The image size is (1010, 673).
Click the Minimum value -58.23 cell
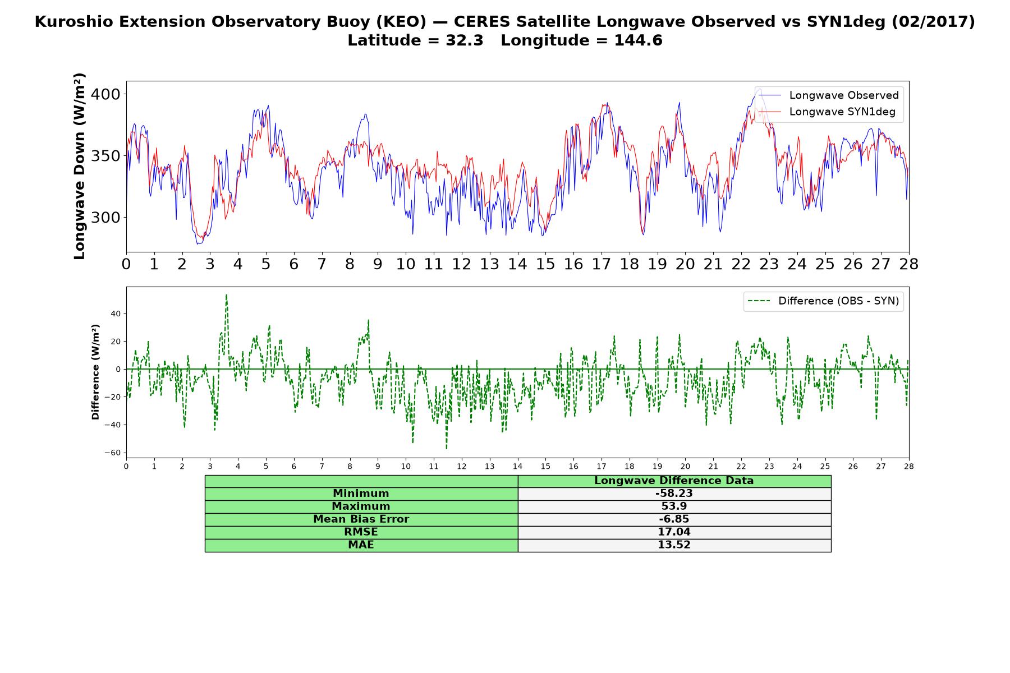674,494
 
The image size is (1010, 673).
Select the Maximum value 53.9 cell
674,506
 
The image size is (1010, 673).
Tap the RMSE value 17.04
674,532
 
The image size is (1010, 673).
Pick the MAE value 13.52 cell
674,545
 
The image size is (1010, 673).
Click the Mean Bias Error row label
361,519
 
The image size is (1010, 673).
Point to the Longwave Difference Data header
674,481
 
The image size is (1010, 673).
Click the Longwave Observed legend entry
828,95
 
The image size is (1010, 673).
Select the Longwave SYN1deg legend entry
827,112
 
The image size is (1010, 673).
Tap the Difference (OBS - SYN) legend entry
823,301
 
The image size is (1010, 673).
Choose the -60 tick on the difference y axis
114,453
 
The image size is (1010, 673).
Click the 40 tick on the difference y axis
116,314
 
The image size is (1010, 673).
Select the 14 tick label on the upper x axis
517,264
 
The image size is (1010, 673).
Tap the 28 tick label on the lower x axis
908,467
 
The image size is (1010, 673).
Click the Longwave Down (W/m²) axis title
79,166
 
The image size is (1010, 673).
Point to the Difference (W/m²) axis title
95,372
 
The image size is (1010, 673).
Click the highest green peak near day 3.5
226,295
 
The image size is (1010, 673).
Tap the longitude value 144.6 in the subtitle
638,40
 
